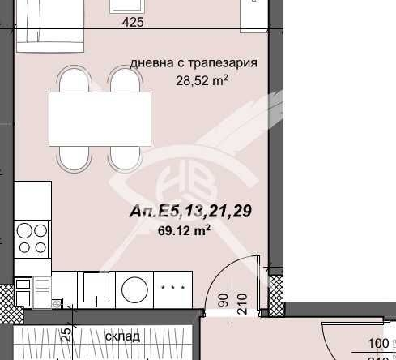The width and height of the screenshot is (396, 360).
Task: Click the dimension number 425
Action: (133, 23)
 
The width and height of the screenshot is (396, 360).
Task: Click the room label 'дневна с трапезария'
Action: (194, 62)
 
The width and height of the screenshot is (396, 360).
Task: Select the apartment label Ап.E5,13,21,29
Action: (191, 212)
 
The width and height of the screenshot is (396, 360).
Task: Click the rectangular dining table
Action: (100, 118)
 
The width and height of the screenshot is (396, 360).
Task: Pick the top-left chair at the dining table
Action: (71, 83)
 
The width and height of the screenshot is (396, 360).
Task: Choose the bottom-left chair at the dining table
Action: (71, 153)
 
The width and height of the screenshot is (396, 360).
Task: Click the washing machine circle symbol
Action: (134, 289)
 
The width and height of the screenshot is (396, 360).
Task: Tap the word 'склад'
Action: (122, 336)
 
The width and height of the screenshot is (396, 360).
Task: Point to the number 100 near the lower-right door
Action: (377, 343)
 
